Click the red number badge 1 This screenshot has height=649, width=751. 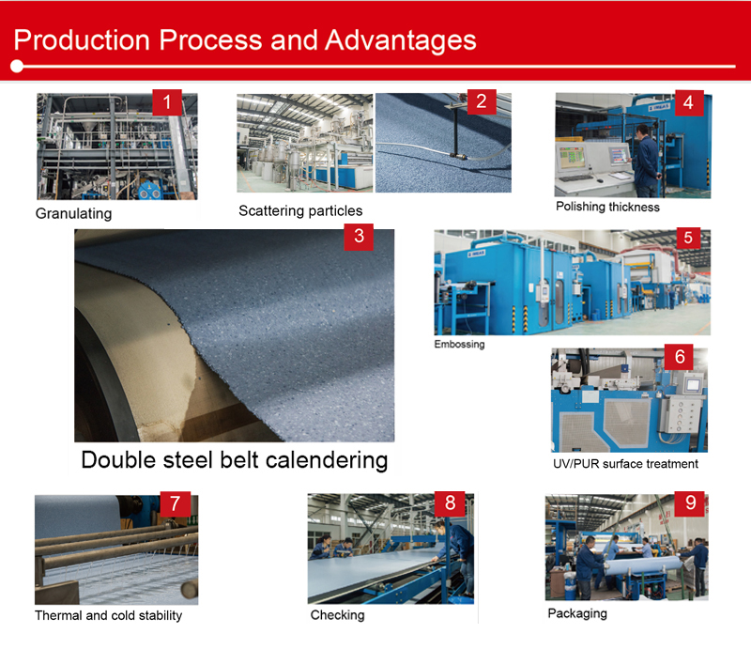tap(167, 102)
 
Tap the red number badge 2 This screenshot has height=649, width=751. tap(481, 102)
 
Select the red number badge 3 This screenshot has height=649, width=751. tap(359, 236)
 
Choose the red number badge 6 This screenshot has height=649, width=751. tap(679, 357)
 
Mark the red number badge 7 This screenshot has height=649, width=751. tap(175, 503)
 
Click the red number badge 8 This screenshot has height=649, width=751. tap(450, 503)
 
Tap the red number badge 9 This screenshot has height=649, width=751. tap(691, 503)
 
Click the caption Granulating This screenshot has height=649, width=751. tap(73, 213)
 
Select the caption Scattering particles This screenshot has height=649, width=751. tap(300, 210)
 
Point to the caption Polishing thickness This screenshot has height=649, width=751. tap(607, 207)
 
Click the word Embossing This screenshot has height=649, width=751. tap(459, 344)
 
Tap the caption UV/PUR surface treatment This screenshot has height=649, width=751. tap(625, 464)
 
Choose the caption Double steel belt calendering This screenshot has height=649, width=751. tap(234, 460)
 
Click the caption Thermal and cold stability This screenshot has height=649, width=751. tap(108, 616)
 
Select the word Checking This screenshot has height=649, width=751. tap(337, 615)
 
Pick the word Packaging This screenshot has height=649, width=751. tap(577, 613)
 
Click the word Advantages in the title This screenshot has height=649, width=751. tap(401, 40)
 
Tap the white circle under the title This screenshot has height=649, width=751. tap(18, 67)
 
